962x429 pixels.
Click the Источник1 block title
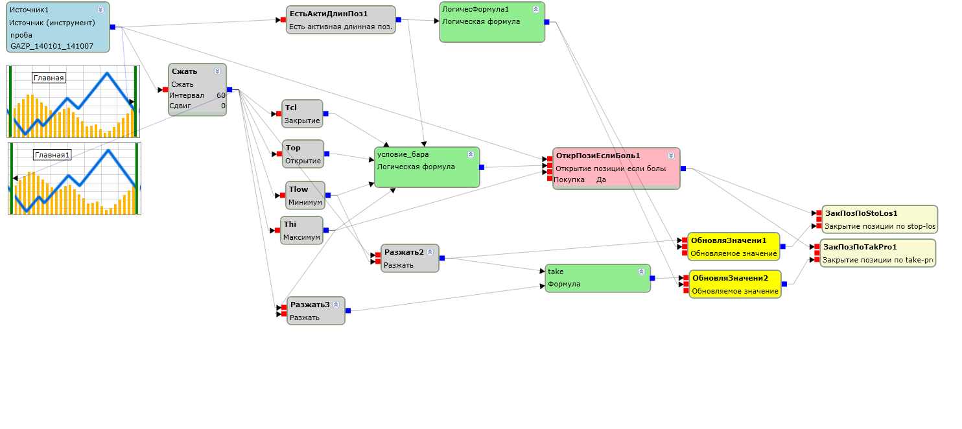[30, 10]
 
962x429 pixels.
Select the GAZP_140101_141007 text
[52, 46]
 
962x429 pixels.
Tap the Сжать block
[197, 89]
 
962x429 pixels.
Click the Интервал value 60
[221, 95]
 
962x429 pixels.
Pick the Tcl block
[303, 114]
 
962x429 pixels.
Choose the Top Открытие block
[303, 154]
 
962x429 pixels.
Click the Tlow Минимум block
[305, 195]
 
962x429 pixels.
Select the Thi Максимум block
[302, 231]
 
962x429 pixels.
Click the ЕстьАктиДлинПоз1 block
[340, 19]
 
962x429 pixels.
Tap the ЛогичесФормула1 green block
[491, 22]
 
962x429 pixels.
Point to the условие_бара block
[427, 167]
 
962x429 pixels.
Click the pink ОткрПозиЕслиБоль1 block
[616, 168]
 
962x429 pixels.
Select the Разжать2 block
[410, 258]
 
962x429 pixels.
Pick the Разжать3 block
[316, 310]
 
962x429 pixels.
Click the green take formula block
[597, 278]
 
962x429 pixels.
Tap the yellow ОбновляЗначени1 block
[733, 247]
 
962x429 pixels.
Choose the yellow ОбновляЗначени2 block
[734, 284]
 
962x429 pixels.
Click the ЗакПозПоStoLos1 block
[879, 219]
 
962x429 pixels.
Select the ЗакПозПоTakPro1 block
[878, 253]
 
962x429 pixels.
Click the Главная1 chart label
[53, 155]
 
